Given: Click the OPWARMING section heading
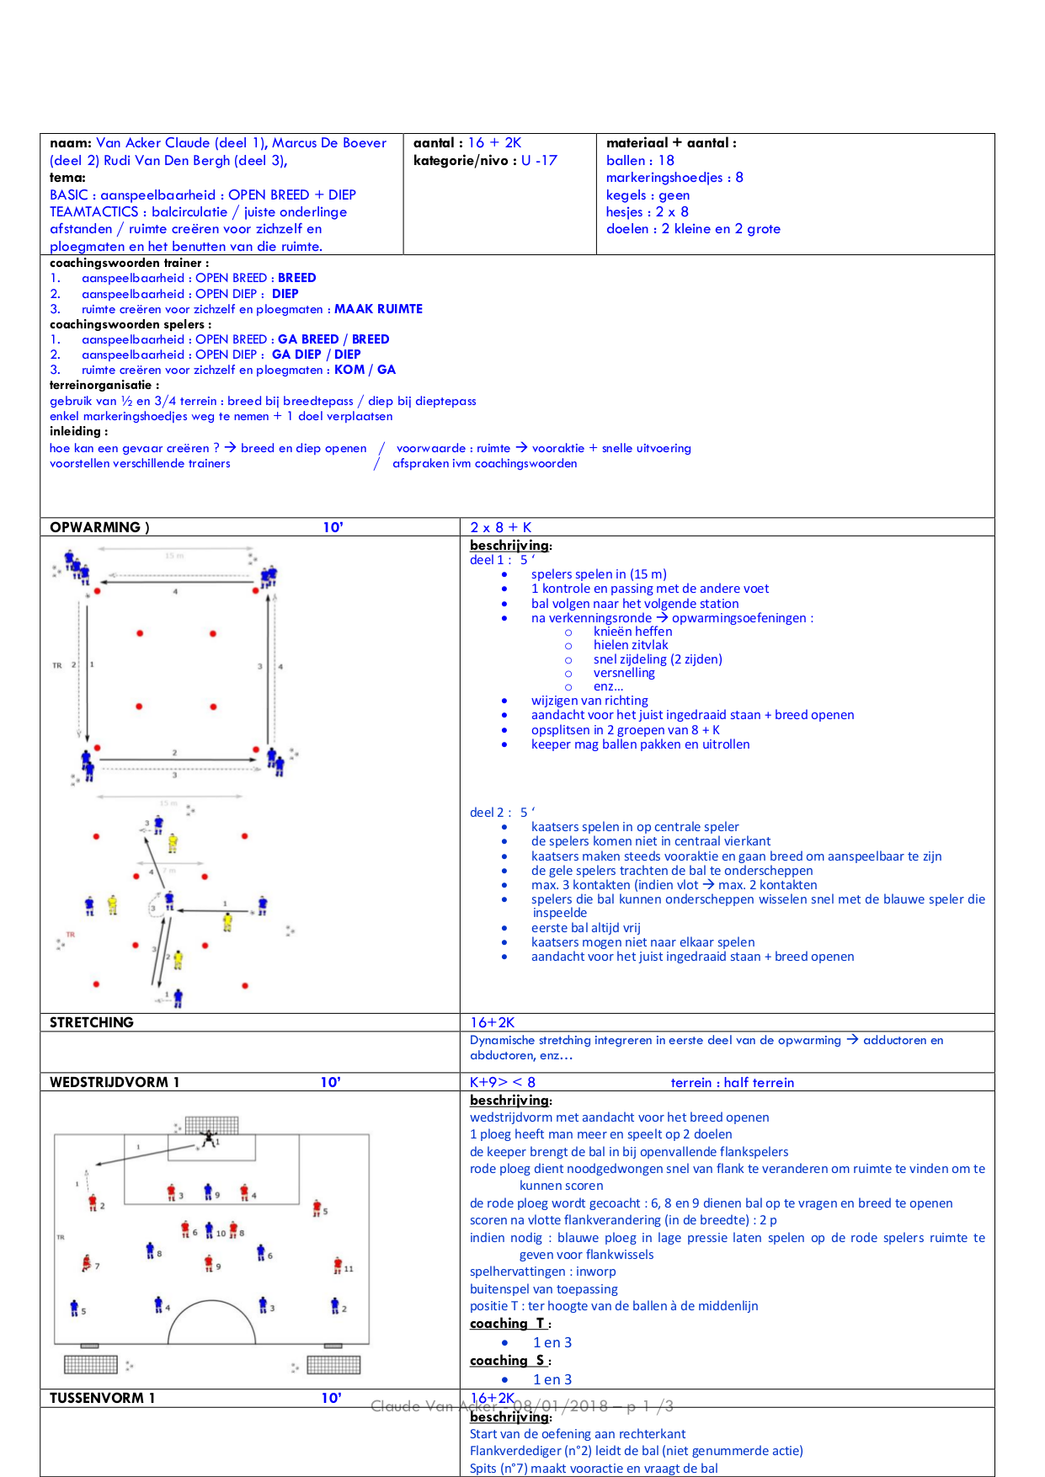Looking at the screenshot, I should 99,527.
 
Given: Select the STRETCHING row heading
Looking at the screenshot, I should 92,1022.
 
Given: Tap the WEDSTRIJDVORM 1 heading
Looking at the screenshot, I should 115,1082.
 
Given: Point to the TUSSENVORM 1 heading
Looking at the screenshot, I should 103,1398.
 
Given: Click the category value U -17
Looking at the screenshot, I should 539,160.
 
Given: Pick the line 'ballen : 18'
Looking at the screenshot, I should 640,160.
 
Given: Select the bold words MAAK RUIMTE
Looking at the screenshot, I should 378,309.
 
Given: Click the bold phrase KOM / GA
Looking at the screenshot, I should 365,370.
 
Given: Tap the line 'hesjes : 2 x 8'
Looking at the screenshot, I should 647,211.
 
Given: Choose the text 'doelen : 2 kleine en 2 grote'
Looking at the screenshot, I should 693,229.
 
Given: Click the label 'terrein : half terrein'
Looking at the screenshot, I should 732,1082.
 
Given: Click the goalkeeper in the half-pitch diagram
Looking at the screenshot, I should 208,1139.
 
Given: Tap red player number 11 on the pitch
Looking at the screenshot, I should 338,1266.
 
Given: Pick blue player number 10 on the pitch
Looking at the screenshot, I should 210,1231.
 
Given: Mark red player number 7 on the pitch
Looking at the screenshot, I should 86,1263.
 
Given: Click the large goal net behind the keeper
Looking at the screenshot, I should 211,1124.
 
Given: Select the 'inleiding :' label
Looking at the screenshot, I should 79,431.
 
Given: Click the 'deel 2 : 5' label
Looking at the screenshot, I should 502,813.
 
